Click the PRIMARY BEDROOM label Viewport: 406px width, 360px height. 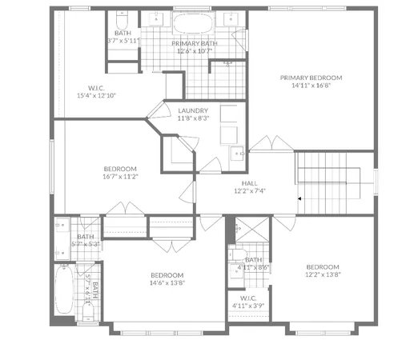point(311,78)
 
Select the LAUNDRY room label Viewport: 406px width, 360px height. point(193,110)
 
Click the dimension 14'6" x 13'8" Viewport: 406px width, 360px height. point(167,282)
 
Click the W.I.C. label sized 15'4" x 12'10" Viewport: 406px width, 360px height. point(96,95)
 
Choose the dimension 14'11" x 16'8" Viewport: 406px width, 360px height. point(311,86)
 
